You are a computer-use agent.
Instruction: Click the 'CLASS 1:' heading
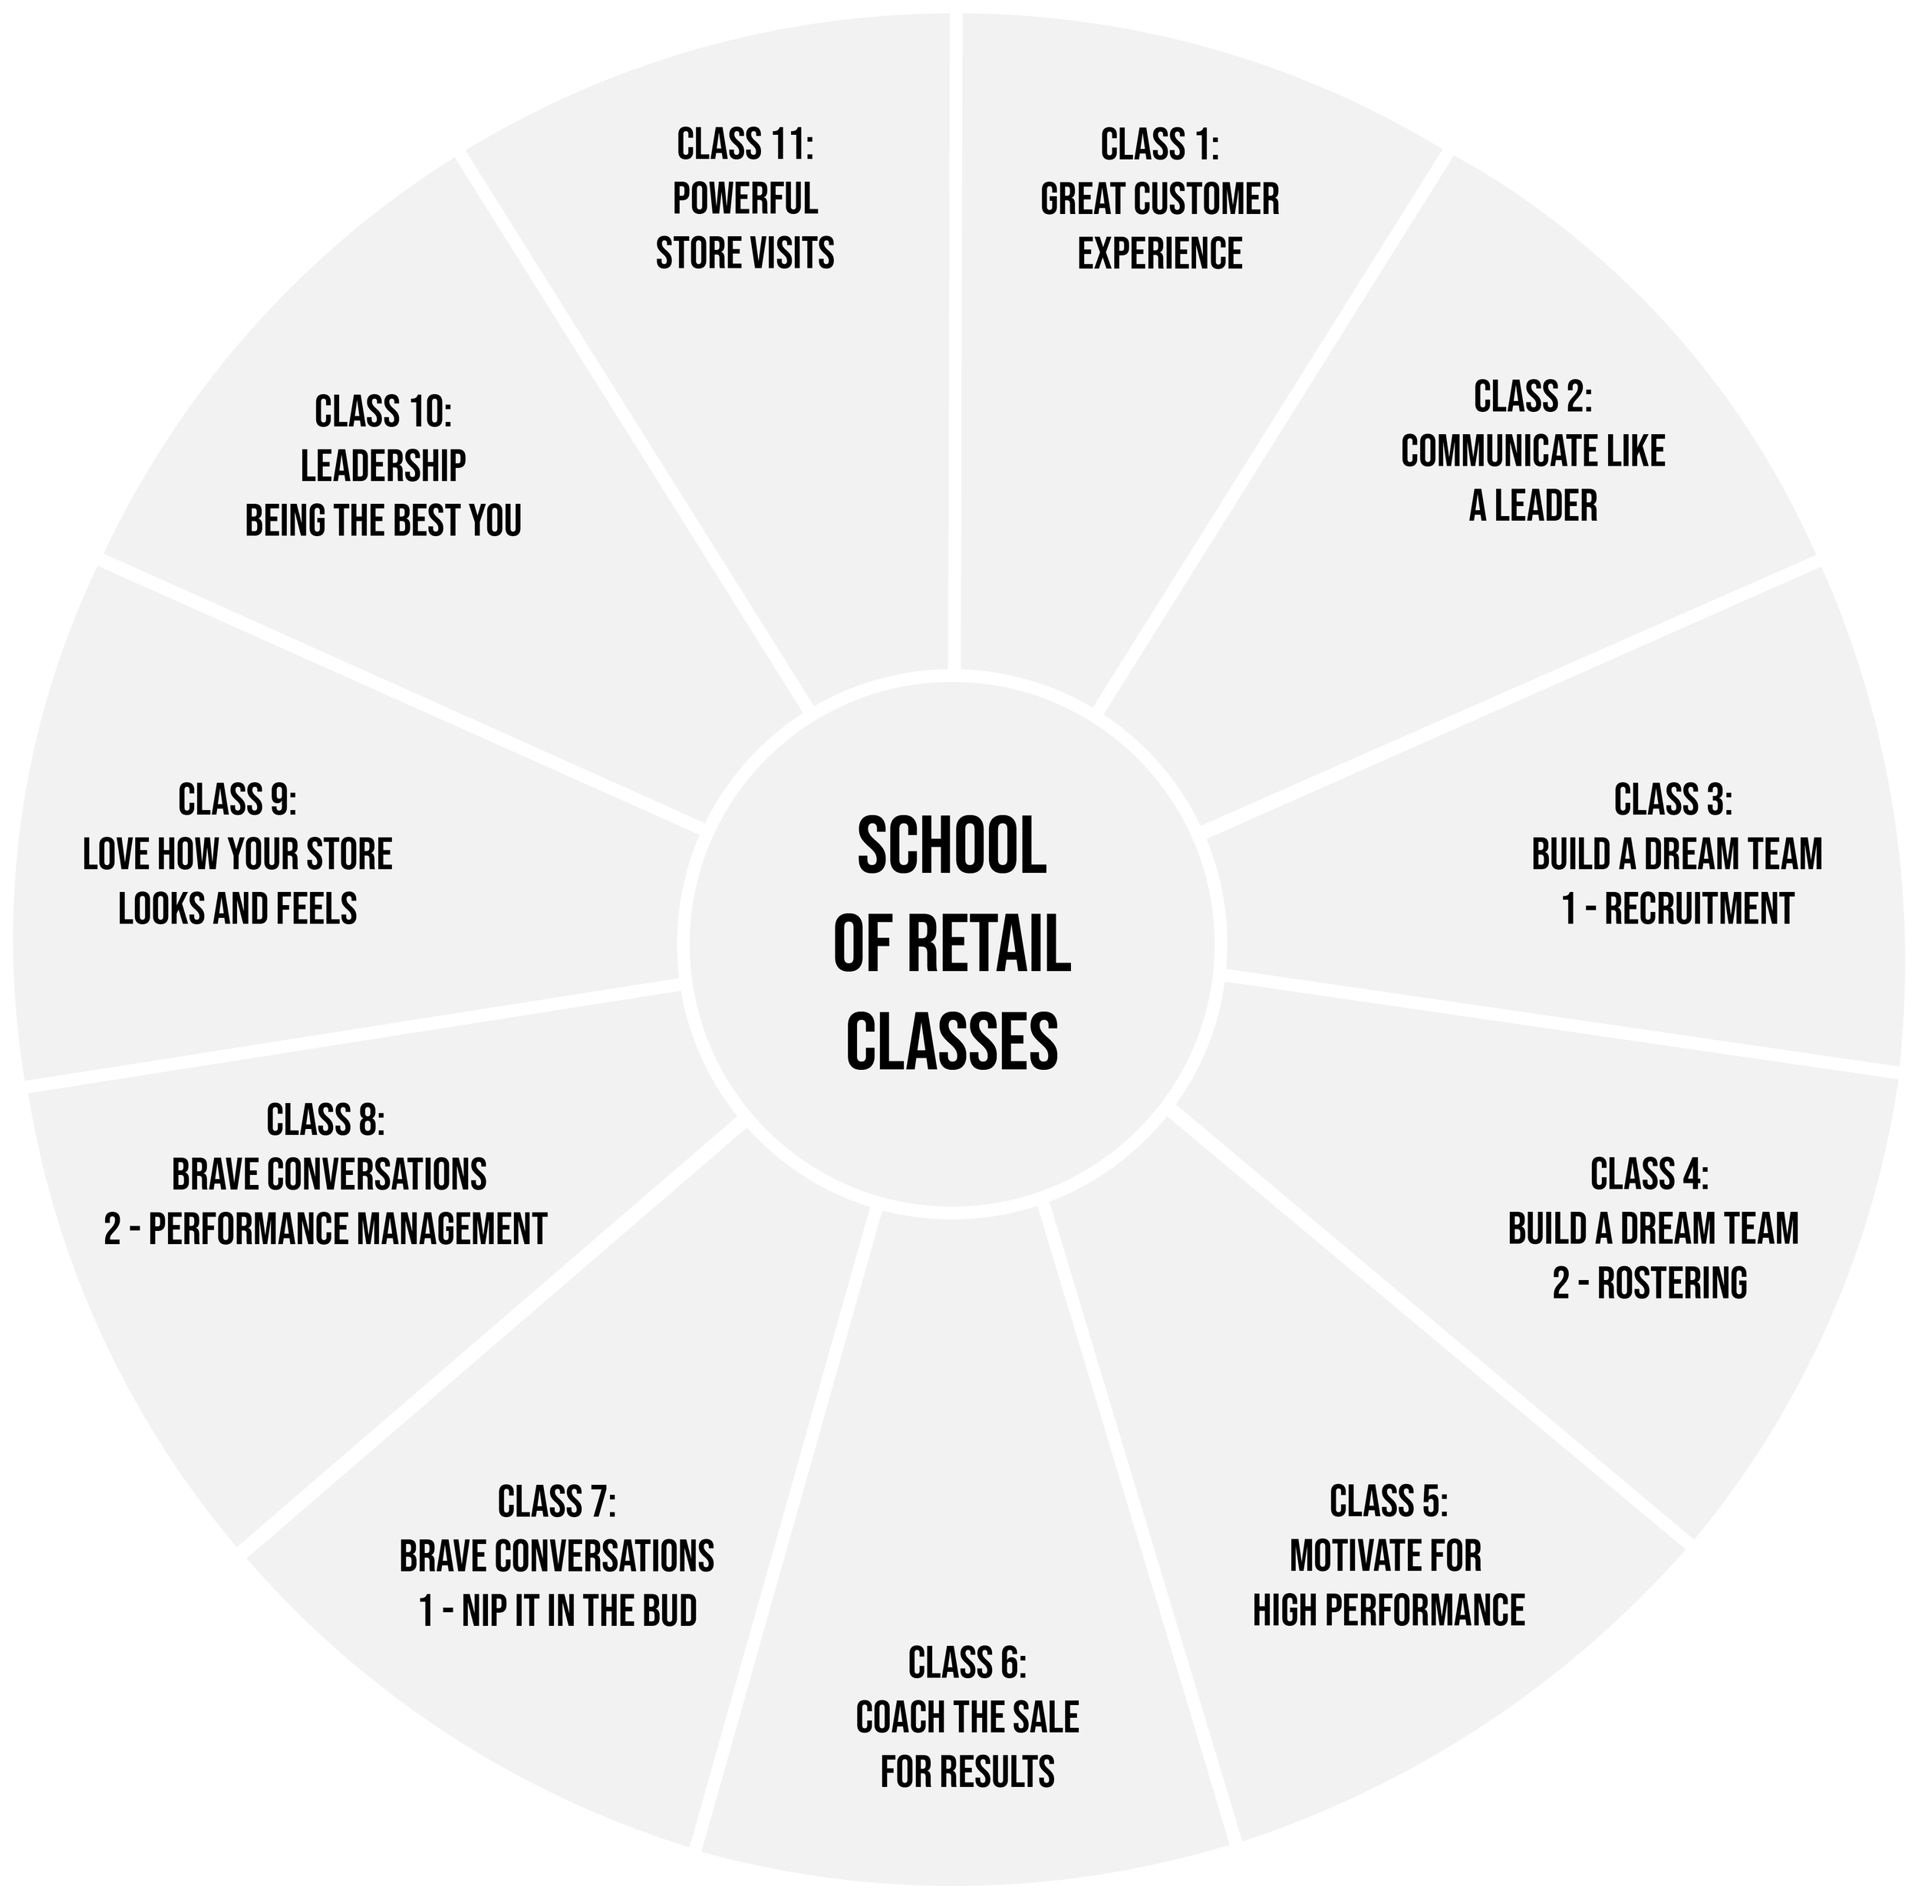(x=1159, y=145)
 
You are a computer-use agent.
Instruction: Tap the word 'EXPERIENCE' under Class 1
(x=1159, y=253)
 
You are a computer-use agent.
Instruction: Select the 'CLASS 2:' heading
(x=1533, y=397)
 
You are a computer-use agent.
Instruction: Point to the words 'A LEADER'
(x=1533, y=506)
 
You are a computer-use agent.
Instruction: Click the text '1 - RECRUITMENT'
(x=1678, y=908)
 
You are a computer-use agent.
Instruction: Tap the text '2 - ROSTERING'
(x=1650, y=1284)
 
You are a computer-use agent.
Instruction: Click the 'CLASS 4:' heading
(x=1650, y=1174)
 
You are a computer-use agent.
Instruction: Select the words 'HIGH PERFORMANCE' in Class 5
(x=1388, y=1610)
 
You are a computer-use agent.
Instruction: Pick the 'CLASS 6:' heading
(x=967, y=1663)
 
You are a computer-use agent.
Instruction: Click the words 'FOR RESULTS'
(x=967, y=1772)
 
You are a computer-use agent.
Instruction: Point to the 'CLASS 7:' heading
(x=557, y=1502)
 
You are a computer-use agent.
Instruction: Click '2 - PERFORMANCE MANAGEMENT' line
(x=325, y=1229)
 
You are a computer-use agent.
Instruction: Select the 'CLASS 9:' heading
(x=237, y=800)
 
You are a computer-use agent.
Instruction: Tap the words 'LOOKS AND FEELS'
(x=237, y=908)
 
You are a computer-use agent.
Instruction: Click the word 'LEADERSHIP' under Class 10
(x=383, y=466)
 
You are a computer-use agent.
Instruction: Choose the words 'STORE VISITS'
(x=744, y=253)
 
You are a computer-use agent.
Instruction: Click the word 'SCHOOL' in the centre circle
(x=952, y=847)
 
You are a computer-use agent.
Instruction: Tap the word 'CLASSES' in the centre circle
(x=952, y=1042)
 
